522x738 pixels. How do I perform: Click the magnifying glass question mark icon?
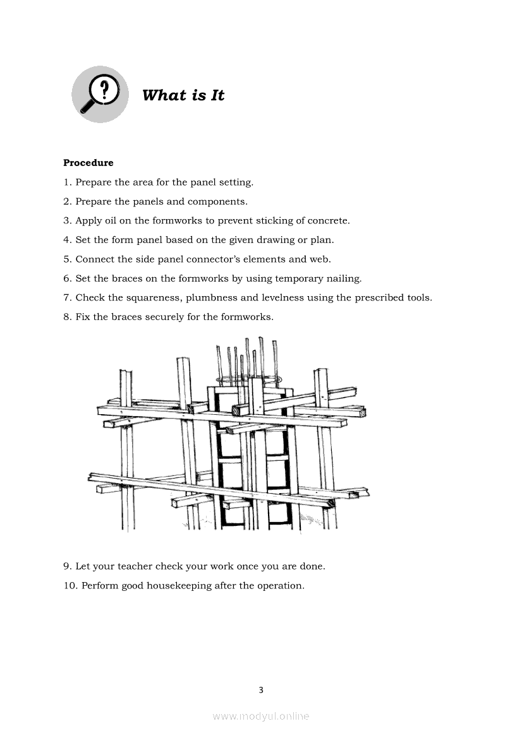click(x=100, y=94)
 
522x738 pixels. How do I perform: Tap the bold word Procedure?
click(x=88, y=163)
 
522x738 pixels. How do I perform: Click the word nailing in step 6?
click(x=344, y=278)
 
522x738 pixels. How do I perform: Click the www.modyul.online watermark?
click(x=261, y=716)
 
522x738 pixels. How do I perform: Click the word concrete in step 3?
click(x=327, y=220)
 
